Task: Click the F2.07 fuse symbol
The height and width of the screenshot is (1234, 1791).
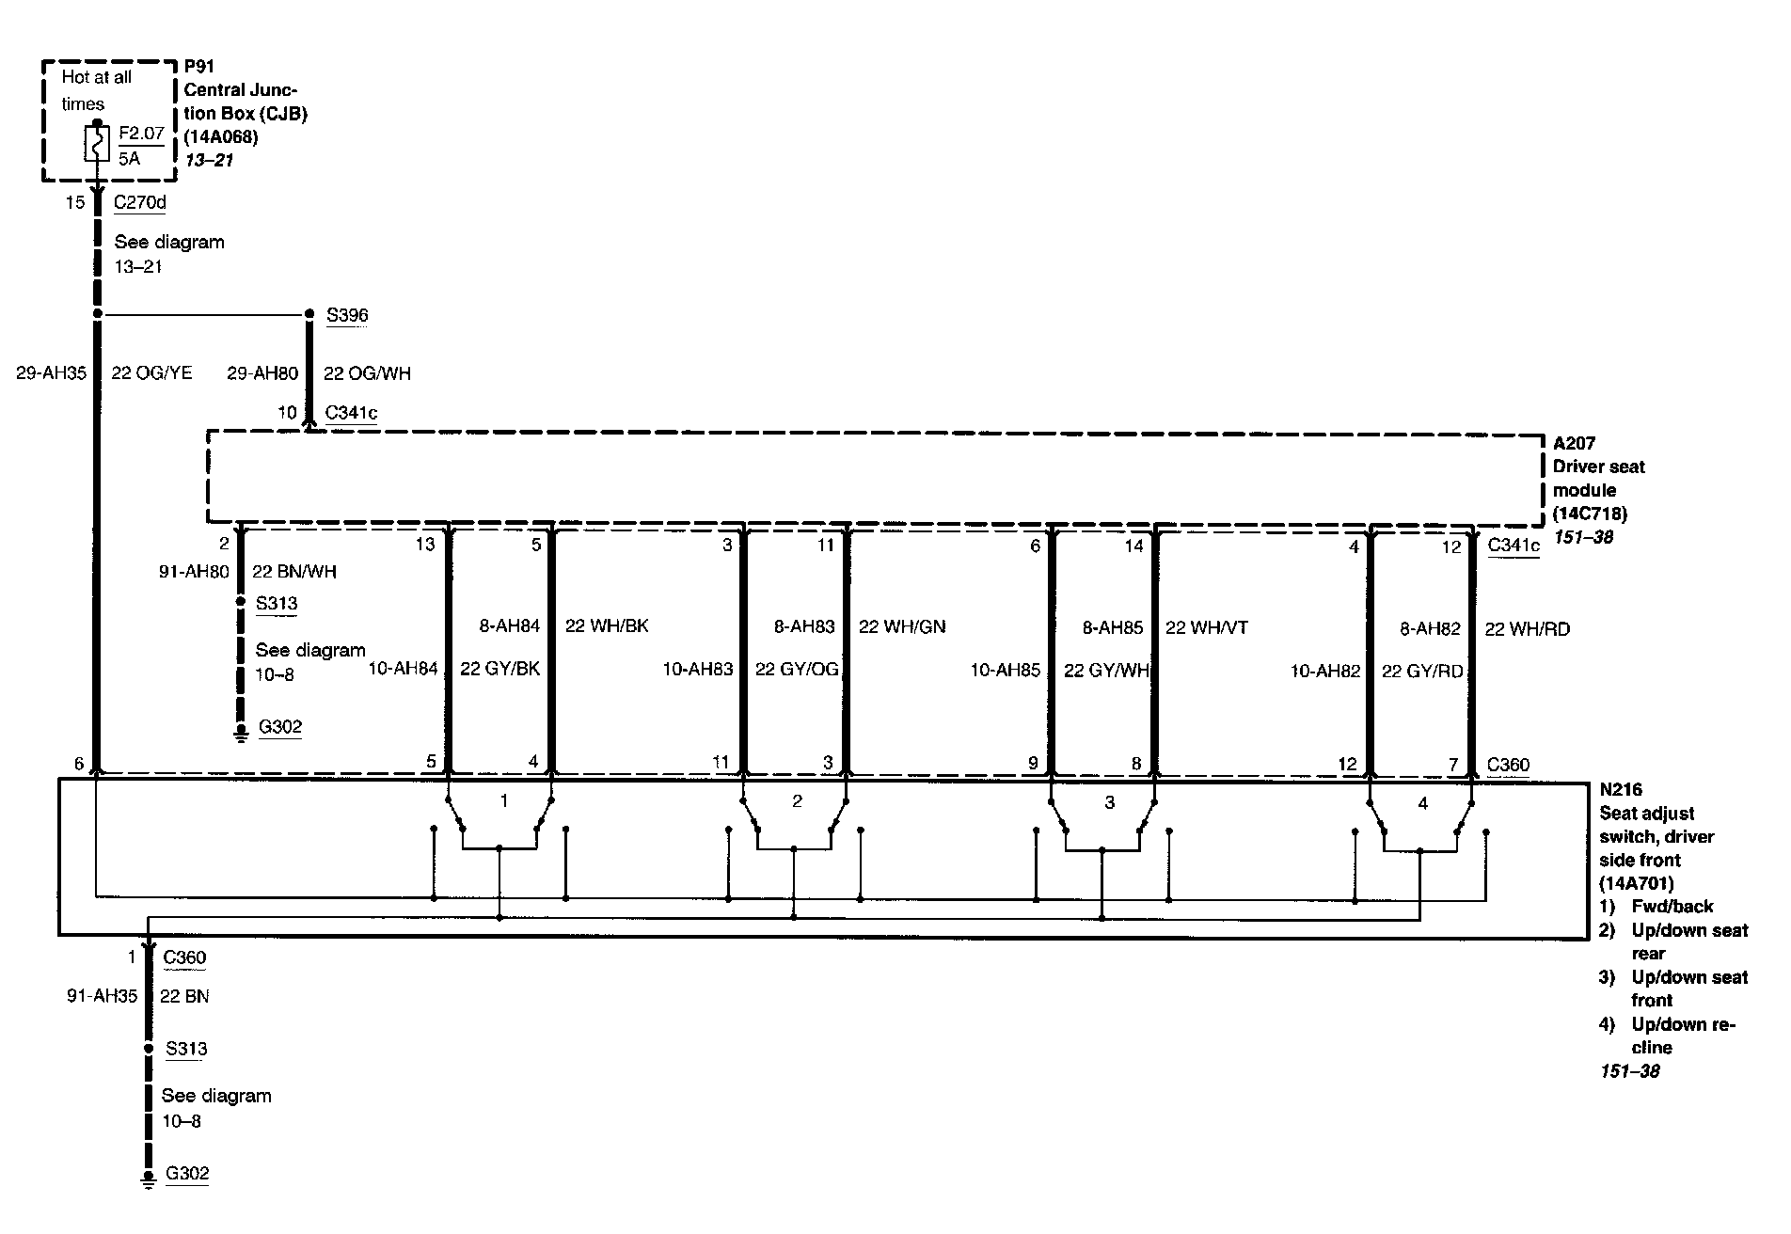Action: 97,144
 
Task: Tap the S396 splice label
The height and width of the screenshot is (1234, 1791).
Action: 347,315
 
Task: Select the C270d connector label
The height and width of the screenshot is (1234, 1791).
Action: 140,202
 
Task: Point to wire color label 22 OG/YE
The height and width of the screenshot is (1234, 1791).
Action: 151,373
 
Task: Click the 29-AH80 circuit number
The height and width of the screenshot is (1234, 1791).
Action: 262,373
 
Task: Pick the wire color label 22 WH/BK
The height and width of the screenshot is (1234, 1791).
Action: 607,625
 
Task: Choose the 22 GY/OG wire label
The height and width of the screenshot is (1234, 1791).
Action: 796,670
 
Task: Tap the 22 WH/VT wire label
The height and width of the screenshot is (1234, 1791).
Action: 1206,627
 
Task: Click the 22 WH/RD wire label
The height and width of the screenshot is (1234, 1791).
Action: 1527,629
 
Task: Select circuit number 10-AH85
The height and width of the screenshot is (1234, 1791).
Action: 1006,670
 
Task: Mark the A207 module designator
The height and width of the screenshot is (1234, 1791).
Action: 1574,443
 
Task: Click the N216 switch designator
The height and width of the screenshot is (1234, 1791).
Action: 1621,789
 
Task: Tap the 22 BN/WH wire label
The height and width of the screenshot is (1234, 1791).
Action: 294,571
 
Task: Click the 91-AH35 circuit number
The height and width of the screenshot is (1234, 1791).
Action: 102,995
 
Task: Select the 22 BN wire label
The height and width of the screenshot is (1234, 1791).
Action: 184,995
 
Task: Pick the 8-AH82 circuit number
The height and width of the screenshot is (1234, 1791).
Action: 1430,629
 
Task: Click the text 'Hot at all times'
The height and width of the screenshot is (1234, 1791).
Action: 96,90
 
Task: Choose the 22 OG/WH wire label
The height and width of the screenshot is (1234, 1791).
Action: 367,373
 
